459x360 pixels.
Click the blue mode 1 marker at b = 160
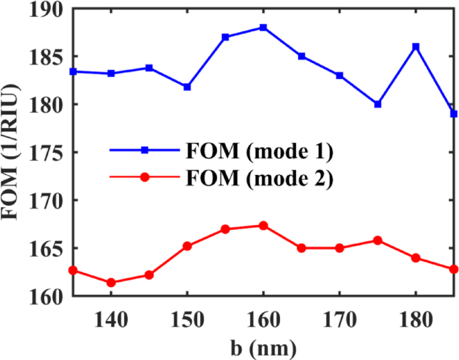(x=263, y=27)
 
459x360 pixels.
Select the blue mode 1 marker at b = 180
(x=415, y=47)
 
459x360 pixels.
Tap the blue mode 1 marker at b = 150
(x=188, y=87)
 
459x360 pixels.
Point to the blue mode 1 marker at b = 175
(x=378, y=105)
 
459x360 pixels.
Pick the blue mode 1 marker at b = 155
(x=225, y=37)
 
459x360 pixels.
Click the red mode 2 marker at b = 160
(x=263, y=225)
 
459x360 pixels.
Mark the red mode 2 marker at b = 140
(x=111, y=282)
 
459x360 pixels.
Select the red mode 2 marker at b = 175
(x=378, y=240)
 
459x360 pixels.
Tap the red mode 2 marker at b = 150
(x=188, y=246)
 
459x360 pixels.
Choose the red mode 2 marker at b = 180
(x=415, y=257)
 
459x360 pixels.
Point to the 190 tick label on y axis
(x=46, y=9)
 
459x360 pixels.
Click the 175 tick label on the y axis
(x=46, y=153)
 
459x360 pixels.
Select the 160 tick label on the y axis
(x=46, y=296)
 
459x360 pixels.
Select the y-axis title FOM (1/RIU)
(x=12, y=153)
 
